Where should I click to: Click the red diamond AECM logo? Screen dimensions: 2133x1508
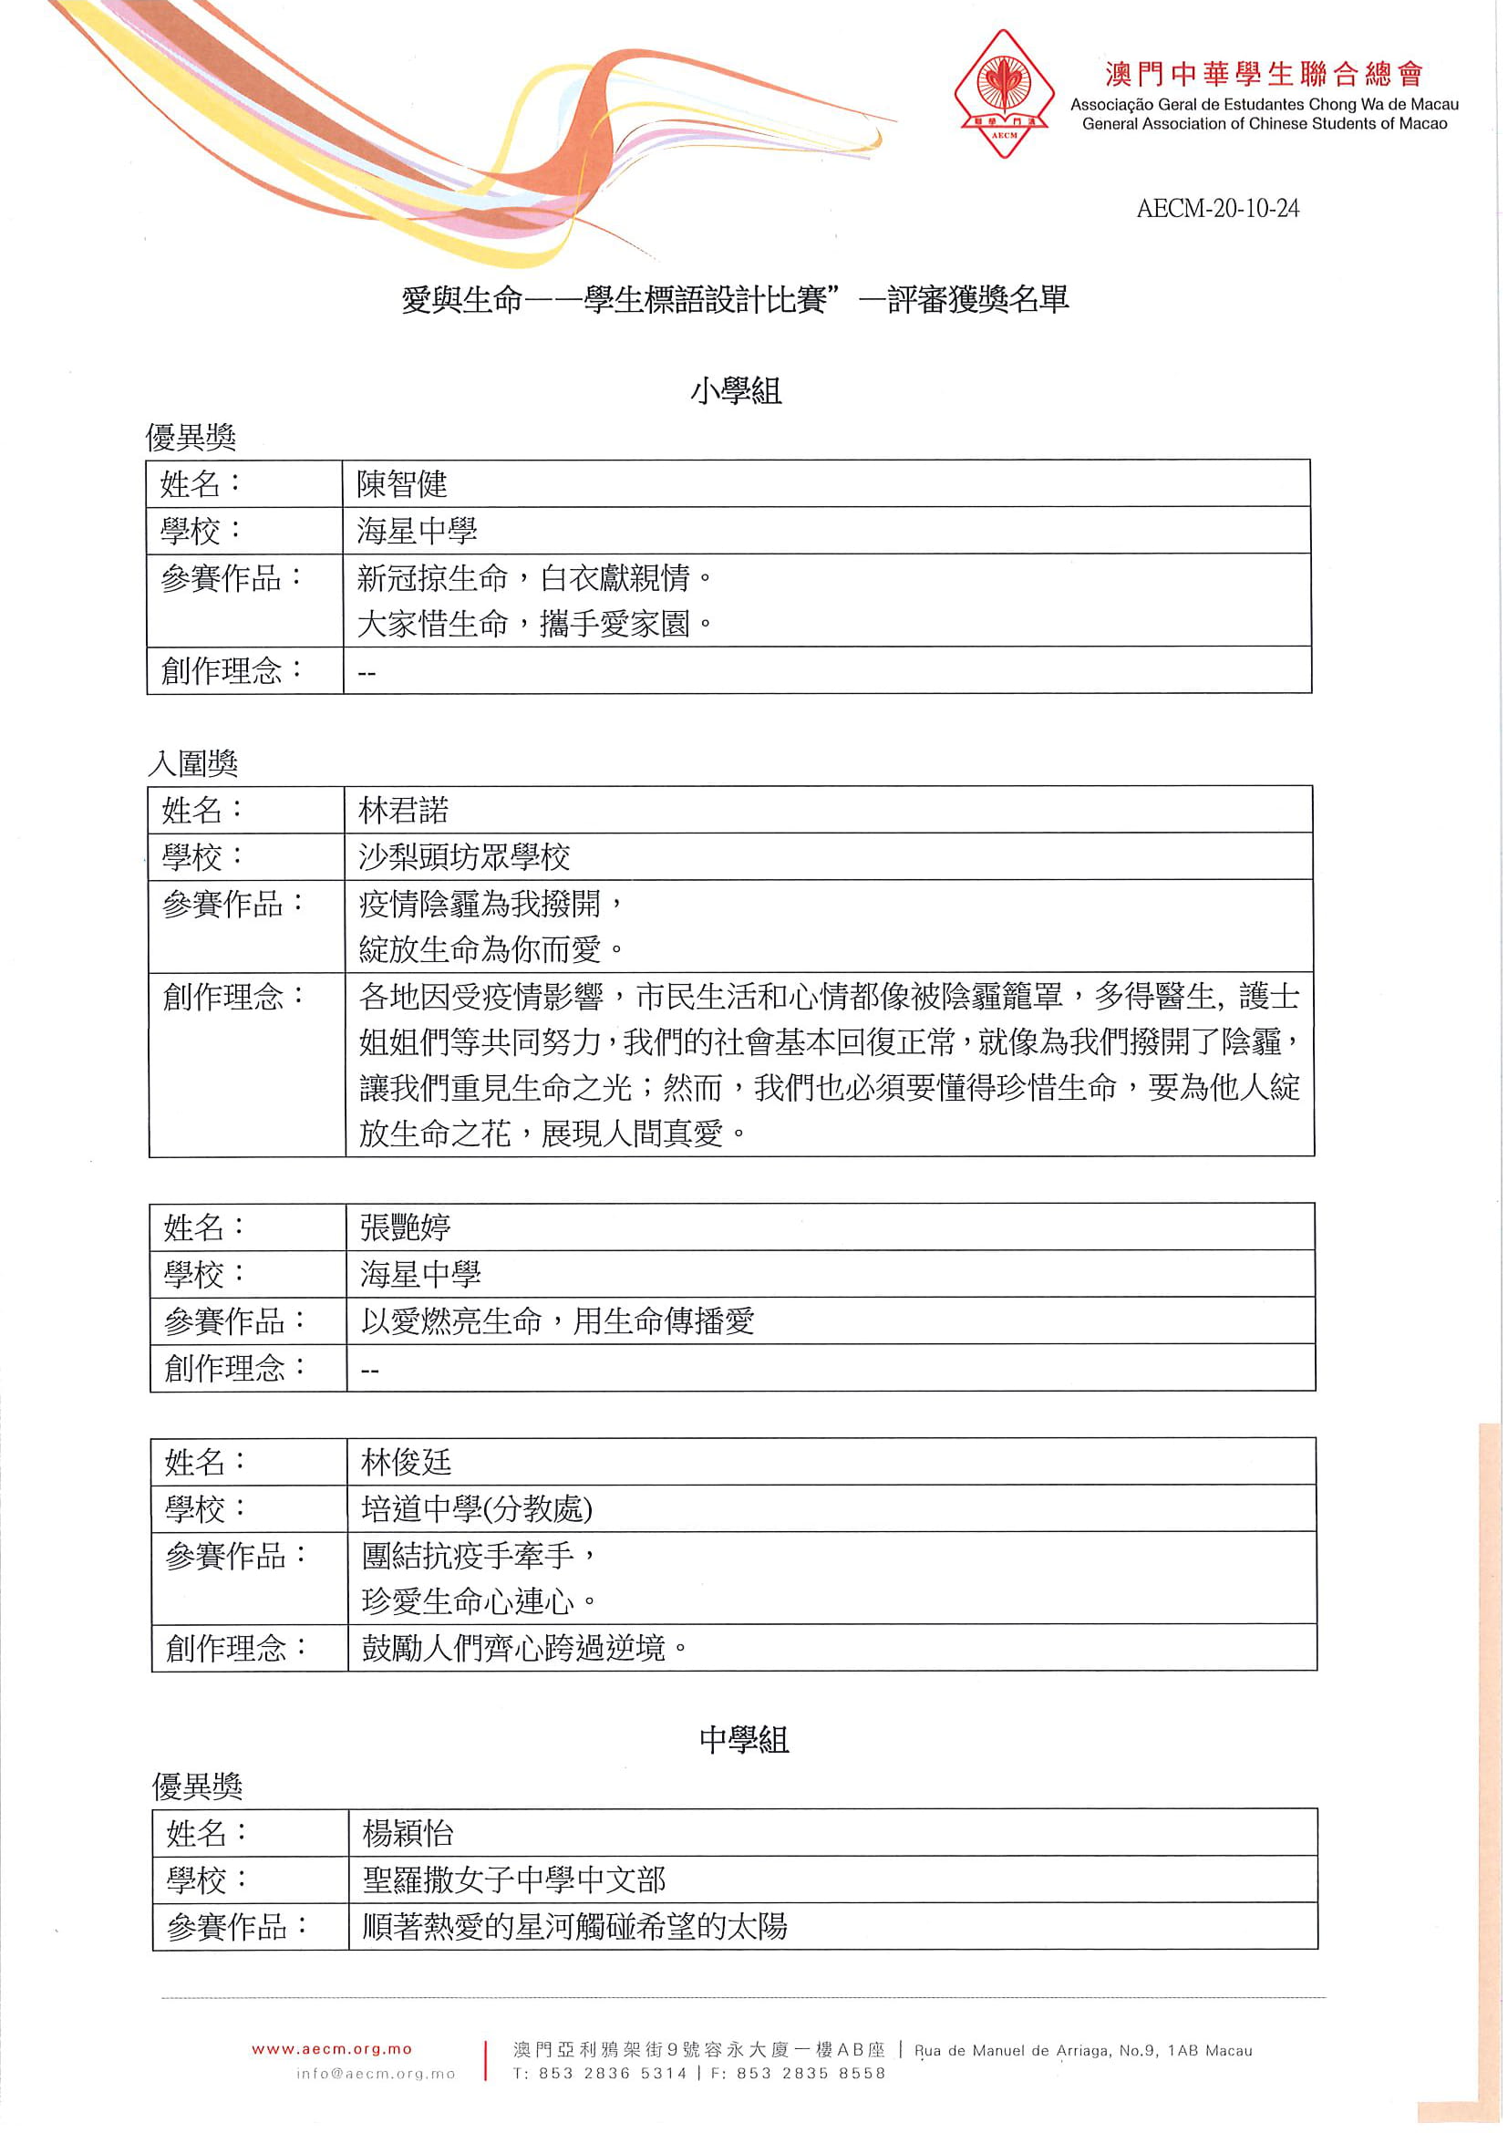point(1003,93)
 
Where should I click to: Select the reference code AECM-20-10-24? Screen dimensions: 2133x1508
point(1216,208)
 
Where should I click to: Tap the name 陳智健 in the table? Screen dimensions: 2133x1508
point(402,484)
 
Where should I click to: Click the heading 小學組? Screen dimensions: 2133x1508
point(736,390)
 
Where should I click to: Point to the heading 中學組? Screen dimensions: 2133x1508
point(744,1739)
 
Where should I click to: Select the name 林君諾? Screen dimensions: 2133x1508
point(404,810)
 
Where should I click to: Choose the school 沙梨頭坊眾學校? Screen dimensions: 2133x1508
point(464,856)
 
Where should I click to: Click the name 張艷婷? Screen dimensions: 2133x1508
point(406,1227)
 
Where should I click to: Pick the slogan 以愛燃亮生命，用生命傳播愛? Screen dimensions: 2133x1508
point(557,1320)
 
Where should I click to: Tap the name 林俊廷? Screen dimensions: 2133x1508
point(407,1462)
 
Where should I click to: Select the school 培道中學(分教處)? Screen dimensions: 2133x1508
point(476,1508)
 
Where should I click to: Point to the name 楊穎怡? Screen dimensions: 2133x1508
point(408,1833)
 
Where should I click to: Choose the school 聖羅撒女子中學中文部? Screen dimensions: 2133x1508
point(513,1879)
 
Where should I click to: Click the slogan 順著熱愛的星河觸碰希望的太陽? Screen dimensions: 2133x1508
point(574,1926)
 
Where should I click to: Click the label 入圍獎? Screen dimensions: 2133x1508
point(193,763)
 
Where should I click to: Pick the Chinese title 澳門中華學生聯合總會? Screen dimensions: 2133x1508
point(1263,74)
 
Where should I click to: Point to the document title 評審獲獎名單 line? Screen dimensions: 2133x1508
point(736,300)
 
